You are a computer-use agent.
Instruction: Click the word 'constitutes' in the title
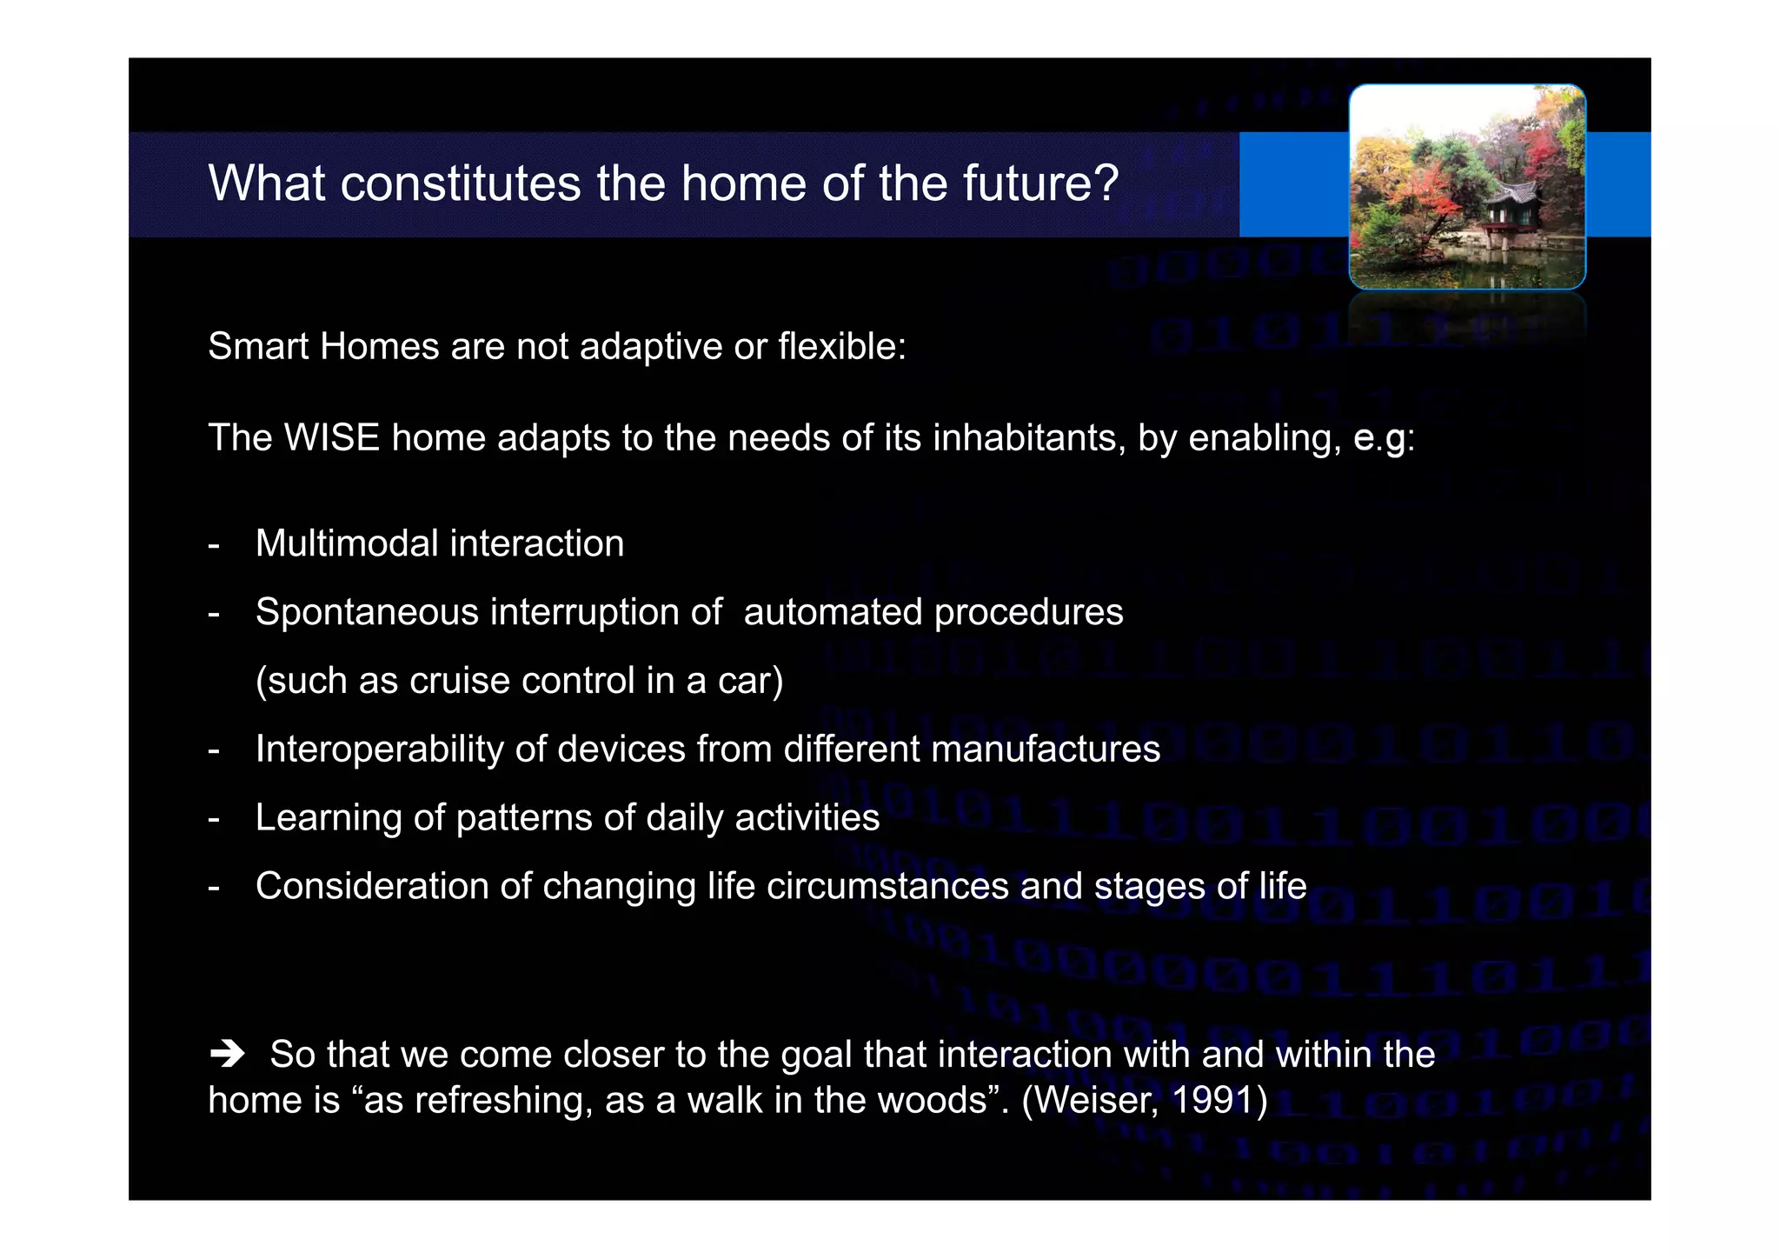point(460,183)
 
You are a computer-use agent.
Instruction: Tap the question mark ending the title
point(1106,183)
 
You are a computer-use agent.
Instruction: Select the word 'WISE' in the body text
point(332,437)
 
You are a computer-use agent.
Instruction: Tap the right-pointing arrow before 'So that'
point(228,1055)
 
